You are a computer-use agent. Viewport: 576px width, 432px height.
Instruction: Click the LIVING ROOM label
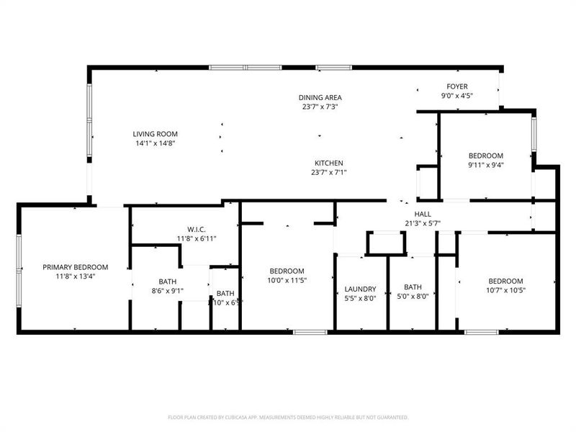(155, 134)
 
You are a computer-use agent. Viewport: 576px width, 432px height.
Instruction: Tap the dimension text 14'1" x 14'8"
(155, 143)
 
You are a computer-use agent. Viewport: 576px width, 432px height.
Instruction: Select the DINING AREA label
(320, 97)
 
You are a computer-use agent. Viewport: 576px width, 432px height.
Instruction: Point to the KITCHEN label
(328, 163)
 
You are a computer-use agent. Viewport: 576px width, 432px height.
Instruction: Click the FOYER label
(457, 86)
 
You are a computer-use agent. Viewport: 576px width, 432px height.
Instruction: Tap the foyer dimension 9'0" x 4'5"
(457, 96)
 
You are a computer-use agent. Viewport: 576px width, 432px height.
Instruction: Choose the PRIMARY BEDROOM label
(75, 266)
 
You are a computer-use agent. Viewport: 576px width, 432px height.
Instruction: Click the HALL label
(423, 214)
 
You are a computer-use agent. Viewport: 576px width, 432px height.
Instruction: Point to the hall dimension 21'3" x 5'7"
(423, 223)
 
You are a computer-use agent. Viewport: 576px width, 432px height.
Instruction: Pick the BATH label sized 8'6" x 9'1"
(168, 282)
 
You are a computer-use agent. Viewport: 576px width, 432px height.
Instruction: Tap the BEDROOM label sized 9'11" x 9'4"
(486, 156)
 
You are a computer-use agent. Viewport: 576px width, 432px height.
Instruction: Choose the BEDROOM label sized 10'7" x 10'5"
(505, 281)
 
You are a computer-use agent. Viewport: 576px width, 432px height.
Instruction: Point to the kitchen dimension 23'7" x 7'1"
(328, 172)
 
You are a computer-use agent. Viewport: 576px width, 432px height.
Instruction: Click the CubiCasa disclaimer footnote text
(288, 417)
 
